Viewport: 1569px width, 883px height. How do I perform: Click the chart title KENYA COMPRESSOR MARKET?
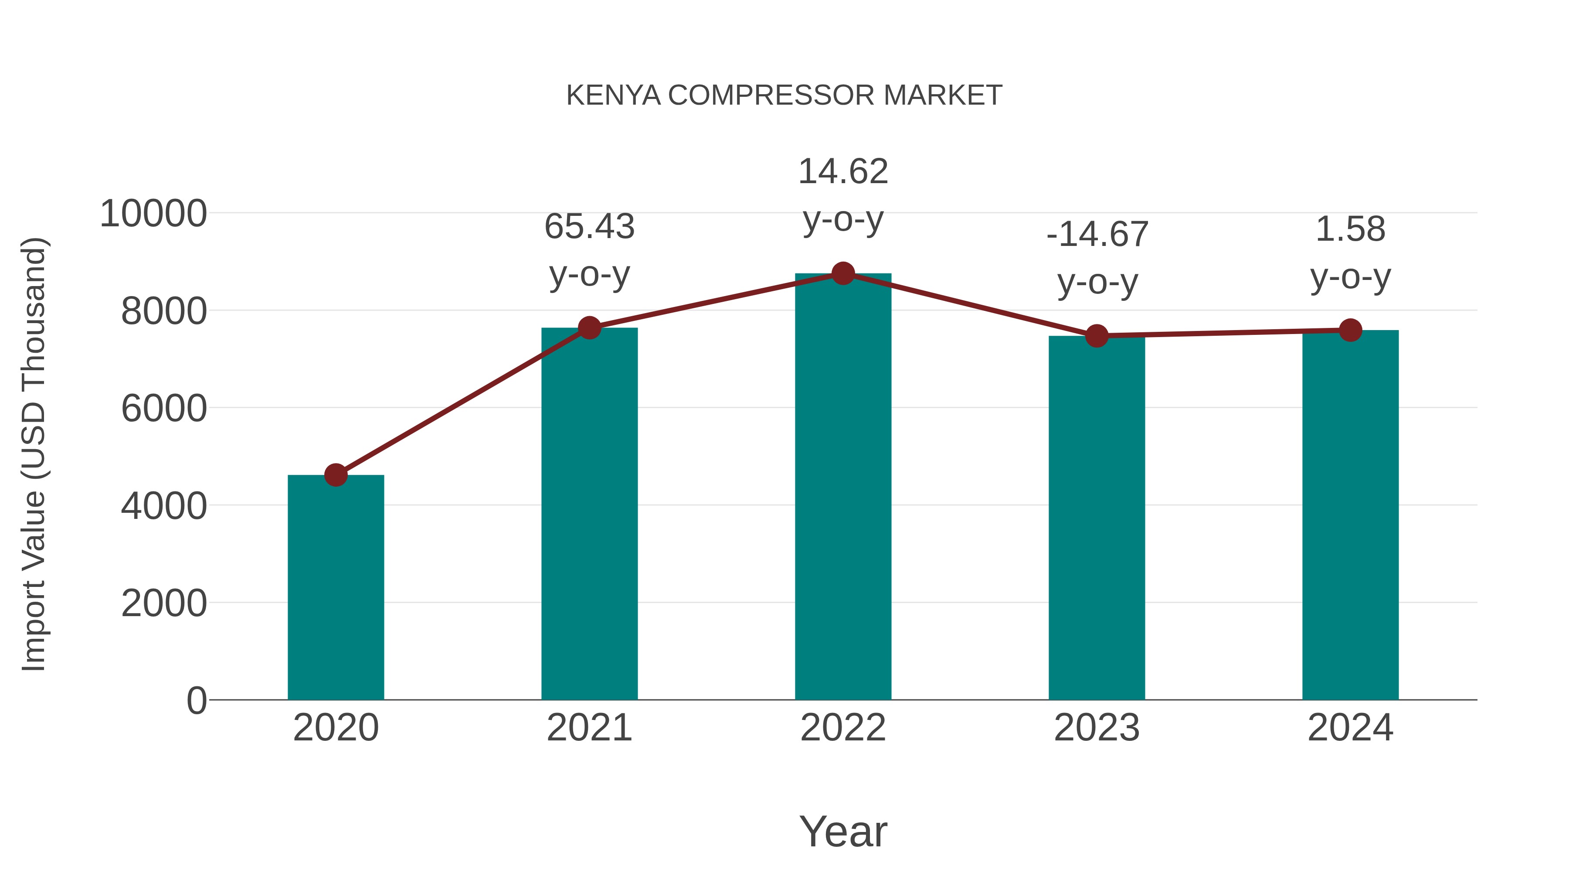click(x=784, y=95)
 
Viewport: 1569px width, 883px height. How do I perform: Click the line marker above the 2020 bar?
click(x=336, y=475)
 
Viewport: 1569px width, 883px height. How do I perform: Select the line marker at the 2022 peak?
click(x=843, y=273)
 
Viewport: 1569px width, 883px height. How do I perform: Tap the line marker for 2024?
click(x=1350, y=330)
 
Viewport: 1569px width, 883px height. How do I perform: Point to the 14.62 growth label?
click(x=843, y=171)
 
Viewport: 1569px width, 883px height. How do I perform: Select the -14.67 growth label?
click(x=1097, y=235)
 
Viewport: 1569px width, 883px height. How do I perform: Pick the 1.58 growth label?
click(x=1350, y=230)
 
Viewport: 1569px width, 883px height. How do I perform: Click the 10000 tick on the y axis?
click(x=153, y=214)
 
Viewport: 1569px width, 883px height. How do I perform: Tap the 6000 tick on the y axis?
click(x=164, y=408)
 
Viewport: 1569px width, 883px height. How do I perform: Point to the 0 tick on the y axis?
click(x=196, y=700)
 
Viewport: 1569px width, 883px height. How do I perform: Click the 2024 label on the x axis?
click(x=1350, y=728)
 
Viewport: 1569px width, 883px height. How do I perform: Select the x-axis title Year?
click(x=843, y=831)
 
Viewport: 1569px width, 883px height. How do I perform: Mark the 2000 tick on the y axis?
click(x=164, y=603)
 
